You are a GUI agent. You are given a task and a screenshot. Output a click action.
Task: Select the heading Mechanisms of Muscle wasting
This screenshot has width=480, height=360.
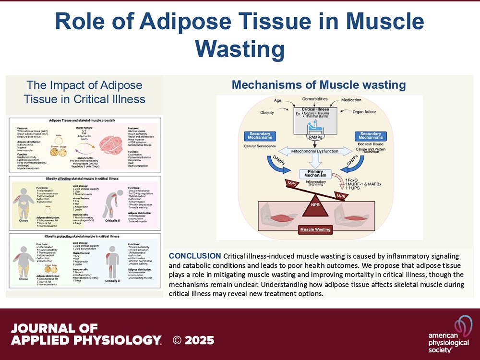[319, 85]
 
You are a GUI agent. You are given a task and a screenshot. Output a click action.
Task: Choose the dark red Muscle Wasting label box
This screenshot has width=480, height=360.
[315, 229]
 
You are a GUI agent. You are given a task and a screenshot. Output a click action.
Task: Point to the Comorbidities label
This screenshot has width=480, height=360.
[315, 99]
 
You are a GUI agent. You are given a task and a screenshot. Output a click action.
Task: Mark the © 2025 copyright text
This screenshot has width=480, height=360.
[193, 340]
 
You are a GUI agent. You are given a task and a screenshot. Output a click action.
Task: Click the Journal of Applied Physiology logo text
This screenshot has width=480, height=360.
[85, 335]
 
